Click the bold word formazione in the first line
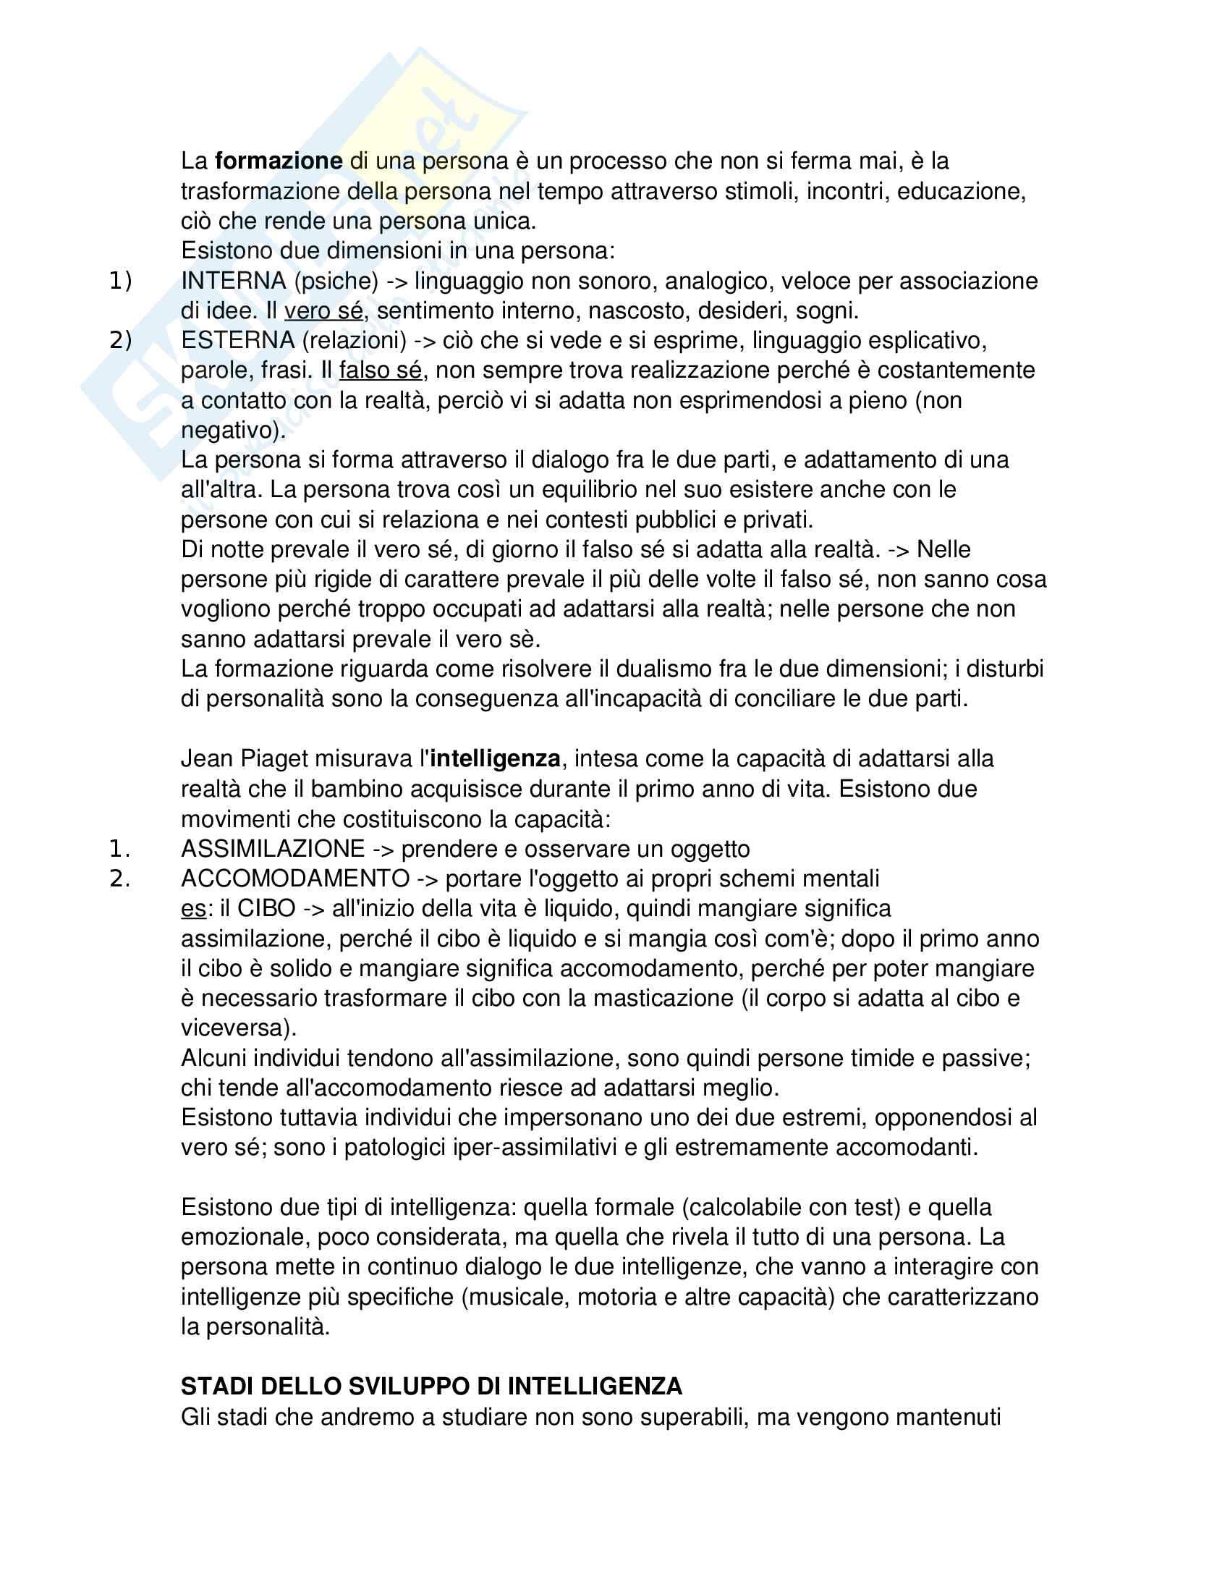coord(279,161)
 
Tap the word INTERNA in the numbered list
coord(233,281)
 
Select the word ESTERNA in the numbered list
coord(237,340)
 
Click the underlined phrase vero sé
coord(323,311)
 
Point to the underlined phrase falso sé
coord(381,371)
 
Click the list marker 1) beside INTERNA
coord(120,281)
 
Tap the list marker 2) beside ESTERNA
coord(120,340)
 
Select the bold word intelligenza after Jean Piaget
coord(495,759)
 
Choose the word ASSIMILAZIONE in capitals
coord(273,850)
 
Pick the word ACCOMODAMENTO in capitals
coord(295,879)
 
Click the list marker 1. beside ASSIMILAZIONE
coord(119,850)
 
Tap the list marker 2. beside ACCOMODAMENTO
coord(119,879)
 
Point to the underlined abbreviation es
coord(193,909)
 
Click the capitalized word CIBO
coord(266,909)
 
